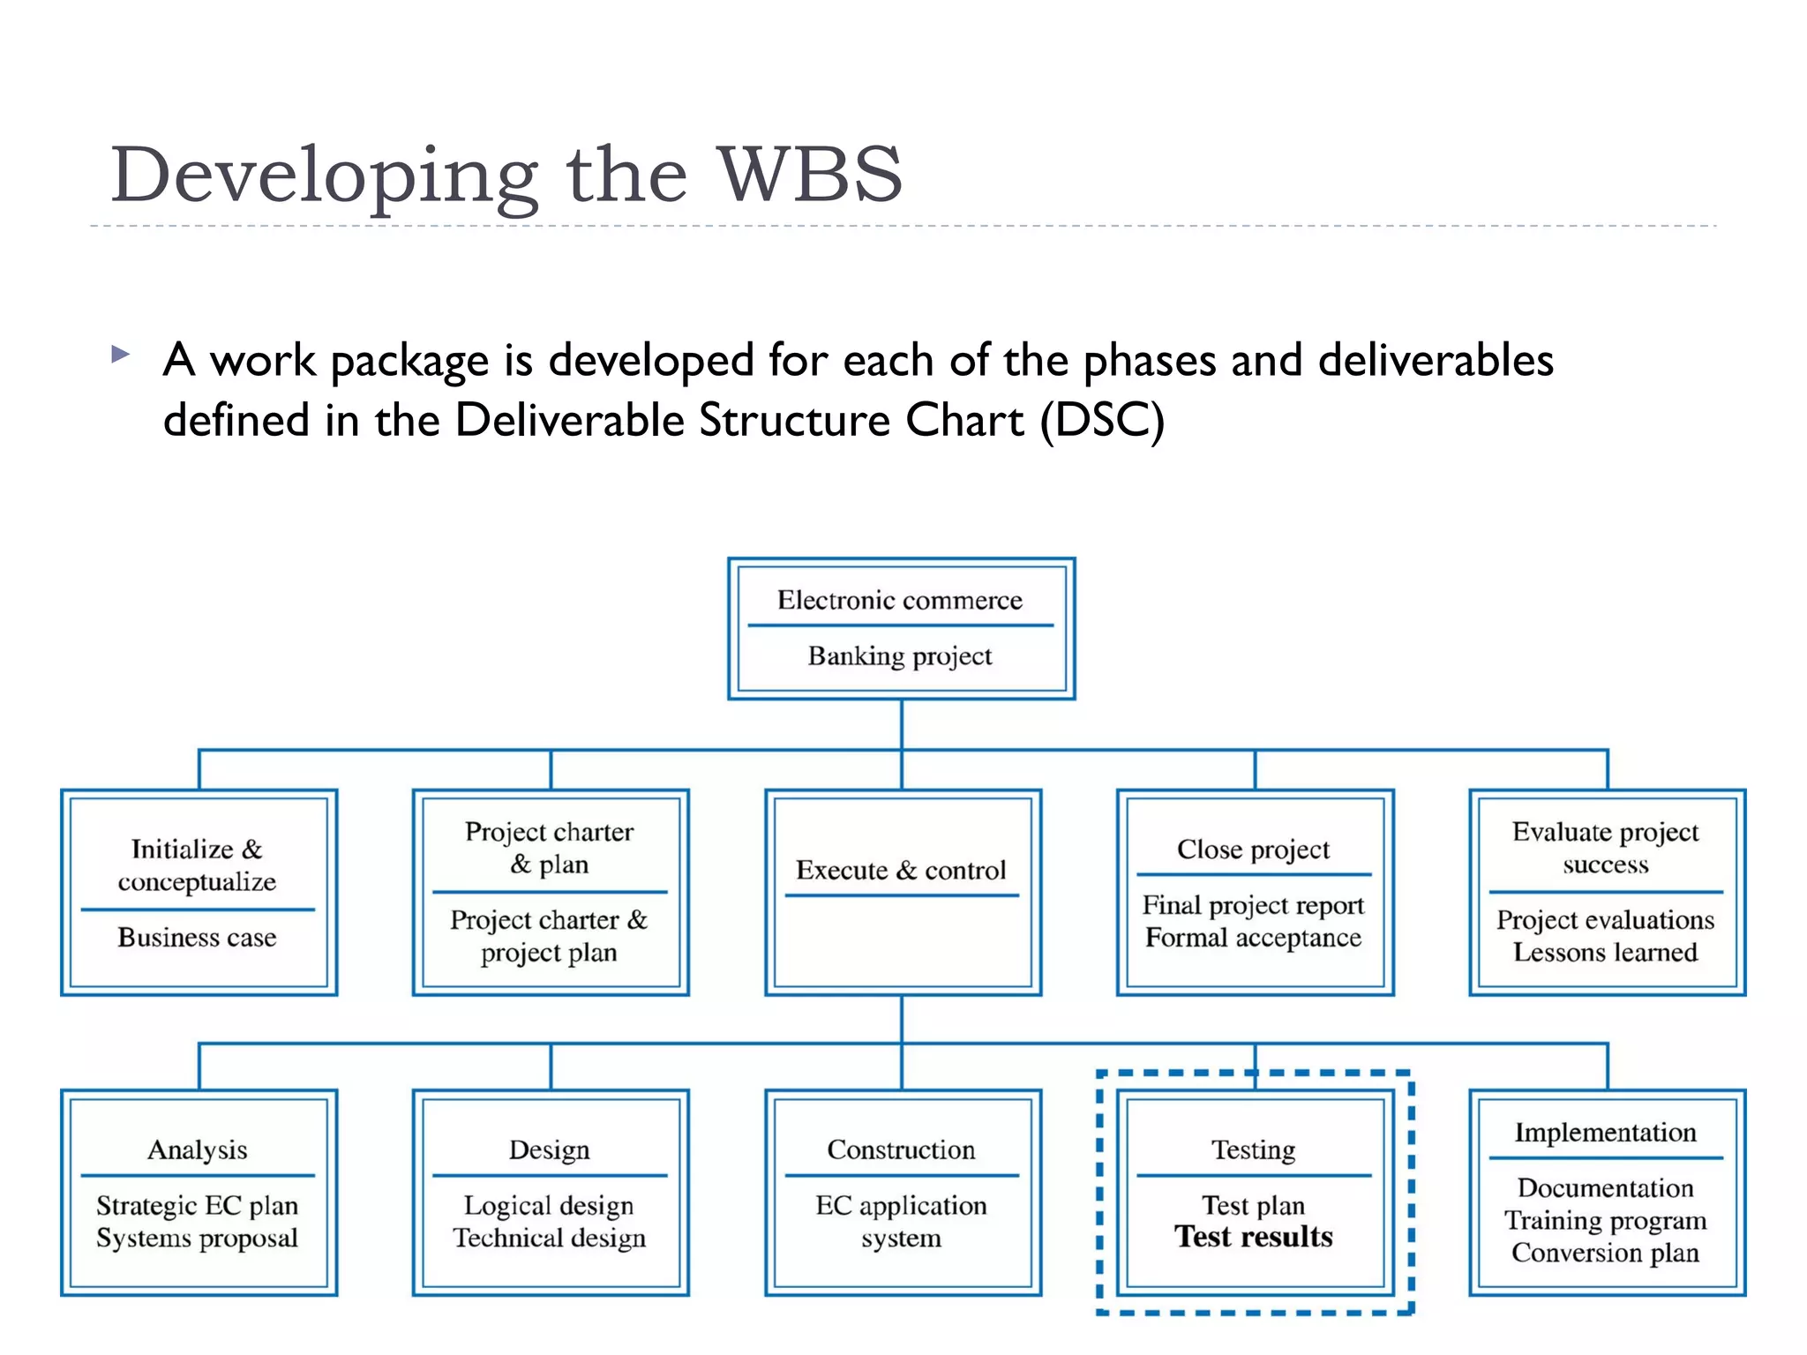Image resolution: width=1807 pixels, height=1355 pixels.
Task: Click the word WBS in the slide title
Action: [x=809, y=175]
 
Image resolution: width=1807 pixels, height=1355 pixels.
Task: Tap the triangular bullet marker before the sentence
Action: [x=121, y=356]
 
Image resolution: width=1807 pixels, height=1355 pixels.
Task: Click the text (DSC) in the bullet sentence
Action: [x=1102, y=420]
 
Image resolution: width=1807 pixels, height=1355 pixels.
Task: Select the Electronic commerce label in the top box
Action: [x=899, y=601]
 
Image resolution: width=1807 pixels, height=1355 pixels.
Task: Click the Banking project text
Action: [x=899, y=656]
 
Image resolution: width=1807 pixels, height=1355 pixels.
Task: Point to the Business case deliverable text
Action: [x=197, y=937]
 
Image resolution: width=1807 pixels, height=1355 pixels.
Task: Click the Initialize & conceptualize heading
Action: [x=197, y=865]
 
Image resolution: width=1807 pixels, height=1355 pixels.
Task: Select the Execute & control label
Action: [x=900, y=871]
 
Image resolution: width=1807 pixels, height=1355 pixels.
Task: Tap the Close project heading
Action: [x=1253, y=850]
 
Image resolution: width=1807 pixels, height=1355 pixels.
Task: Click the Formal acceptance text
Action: [x=1253, y=938]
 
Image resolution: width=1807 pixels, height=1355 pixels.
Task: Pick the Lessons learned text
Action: [x=1605, y=953]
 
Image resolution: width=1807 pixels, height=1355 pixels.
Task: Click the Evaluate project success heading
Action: [x=1605, y=847]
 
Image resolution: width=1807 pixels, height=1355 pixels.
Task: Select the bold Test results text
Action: [x=1253, y=1237]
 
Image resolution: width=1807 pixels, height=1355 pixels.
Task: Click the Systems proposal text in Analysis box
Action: [x=197, y=1238]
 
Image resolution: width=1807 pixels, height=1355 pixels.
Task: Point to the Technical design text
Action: [x=549, y=1238]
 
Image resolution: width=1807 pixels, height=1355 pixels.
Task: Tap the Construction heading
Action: [x=901, y=1149]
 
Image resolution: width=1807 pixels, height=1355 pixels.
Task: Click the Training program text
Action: [x=1605, y=1221]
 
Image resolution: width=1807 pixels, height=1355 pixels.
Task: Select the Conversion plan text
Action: [x=1605, y=1253]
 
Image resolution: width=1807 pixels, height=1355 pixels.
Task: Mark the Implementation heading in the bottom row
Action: [x=1605, y=1133]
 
